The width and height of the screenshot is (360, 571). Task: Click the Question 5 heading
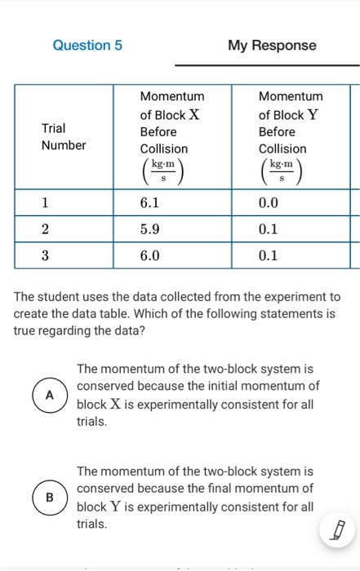pos(87,46)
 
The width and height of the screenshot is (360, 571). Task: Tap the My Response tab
pos(272,46)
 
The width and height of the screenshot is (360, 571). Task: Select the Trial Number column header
pos(64,136)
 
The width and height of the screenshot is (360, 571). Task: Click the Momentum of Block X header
pos(171,122)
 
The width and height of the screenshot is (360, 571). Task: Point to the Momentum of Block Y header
pos(290,122)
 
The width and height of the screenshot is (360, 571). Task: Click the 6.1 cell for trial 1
pos(171,202)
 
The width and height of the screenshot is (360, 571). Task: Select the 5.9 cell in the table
pos(171,229)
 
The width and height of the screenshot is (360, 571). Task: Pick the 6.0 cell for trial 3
pos(171,255)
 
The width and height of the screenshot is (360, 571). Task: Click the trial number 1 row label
pos(46,202)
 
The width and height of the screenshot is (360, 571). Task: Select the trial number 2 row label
pos(46,229)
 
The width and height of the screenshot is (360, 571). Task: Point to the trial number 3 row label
pos(46,255)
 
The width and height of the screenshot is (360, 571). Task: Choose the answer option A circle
pos(49,396)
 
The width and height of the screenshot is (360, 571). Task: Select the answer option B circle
pos(49,497)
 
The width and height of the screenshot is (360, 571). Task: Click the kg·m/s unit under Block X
pos(164,171)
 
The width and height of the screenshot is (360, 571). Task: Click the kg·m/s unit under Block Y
pos(282,171)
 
